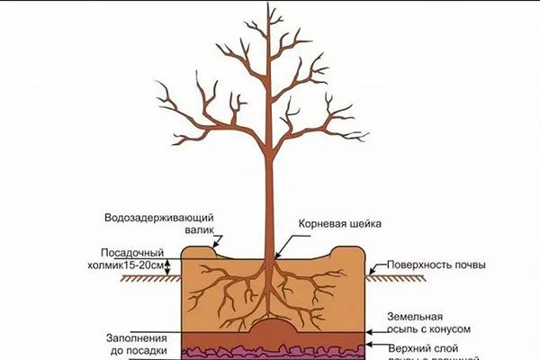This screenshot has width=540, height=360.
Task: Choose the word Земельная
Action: click(416, 317)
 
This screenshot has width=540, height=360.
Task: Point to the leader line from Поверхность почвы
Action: click(378, 268)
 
